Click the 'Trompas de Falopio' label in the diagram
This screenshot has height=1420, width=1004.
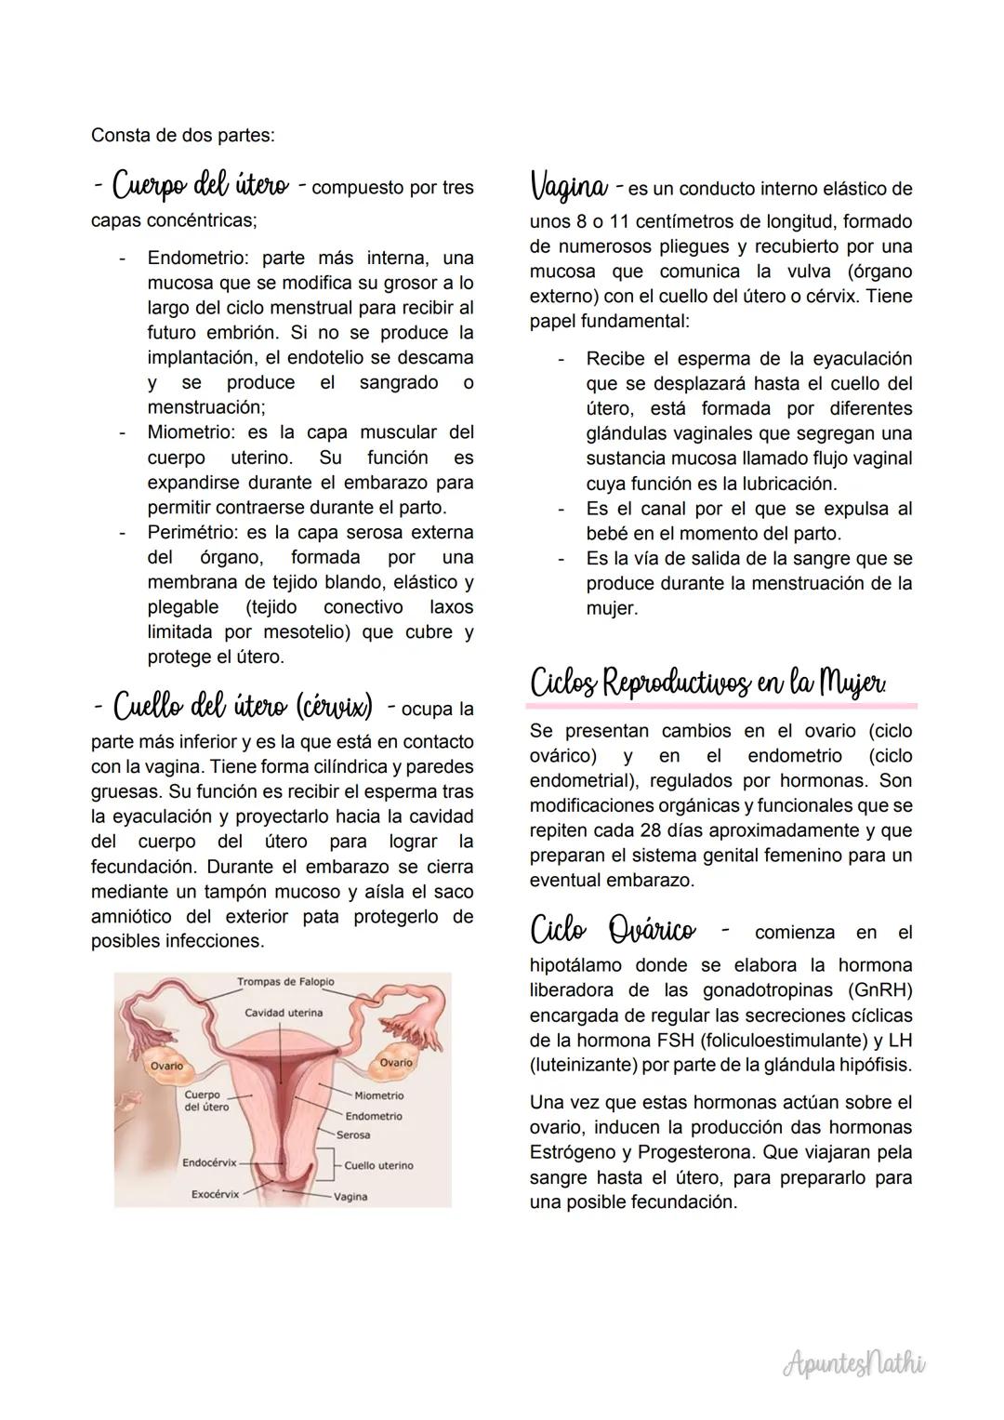(x=285, y=982)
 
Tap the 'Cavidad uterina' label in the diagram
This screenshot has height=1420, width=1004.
(x=284, y=1012)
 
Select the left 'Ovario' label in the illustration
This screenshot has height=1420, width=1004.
(x=167, y=1066)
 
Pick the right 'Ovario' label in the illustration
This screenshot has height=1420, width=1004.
(x=396, y=1062)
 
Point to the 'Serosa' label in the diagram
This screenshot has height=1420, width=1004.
(x=353, y=1135)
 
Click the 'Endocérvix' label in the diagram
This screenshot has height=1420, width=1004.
(x=209, y=1162)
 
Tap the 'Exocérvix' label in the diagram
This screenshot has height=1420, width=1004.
(x=215, y=1193)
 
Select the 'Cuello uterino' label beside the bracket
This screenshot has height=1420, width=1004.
(x=378, y=1165)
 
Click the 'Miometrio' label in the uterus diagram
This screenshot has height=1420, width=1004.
(x=379, y=1095)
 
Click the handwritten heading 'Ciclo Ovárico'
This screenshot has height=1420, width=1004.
(x=613, y=929)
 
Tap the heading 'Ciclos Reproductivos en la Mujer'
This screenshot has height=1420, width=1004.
(x=707, y=683)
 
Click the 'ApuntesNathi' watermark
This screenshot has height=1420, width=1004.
(x=854, y=1363)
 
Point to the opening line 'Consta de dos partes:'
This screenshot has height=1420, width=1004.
(x=182, y=135)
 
